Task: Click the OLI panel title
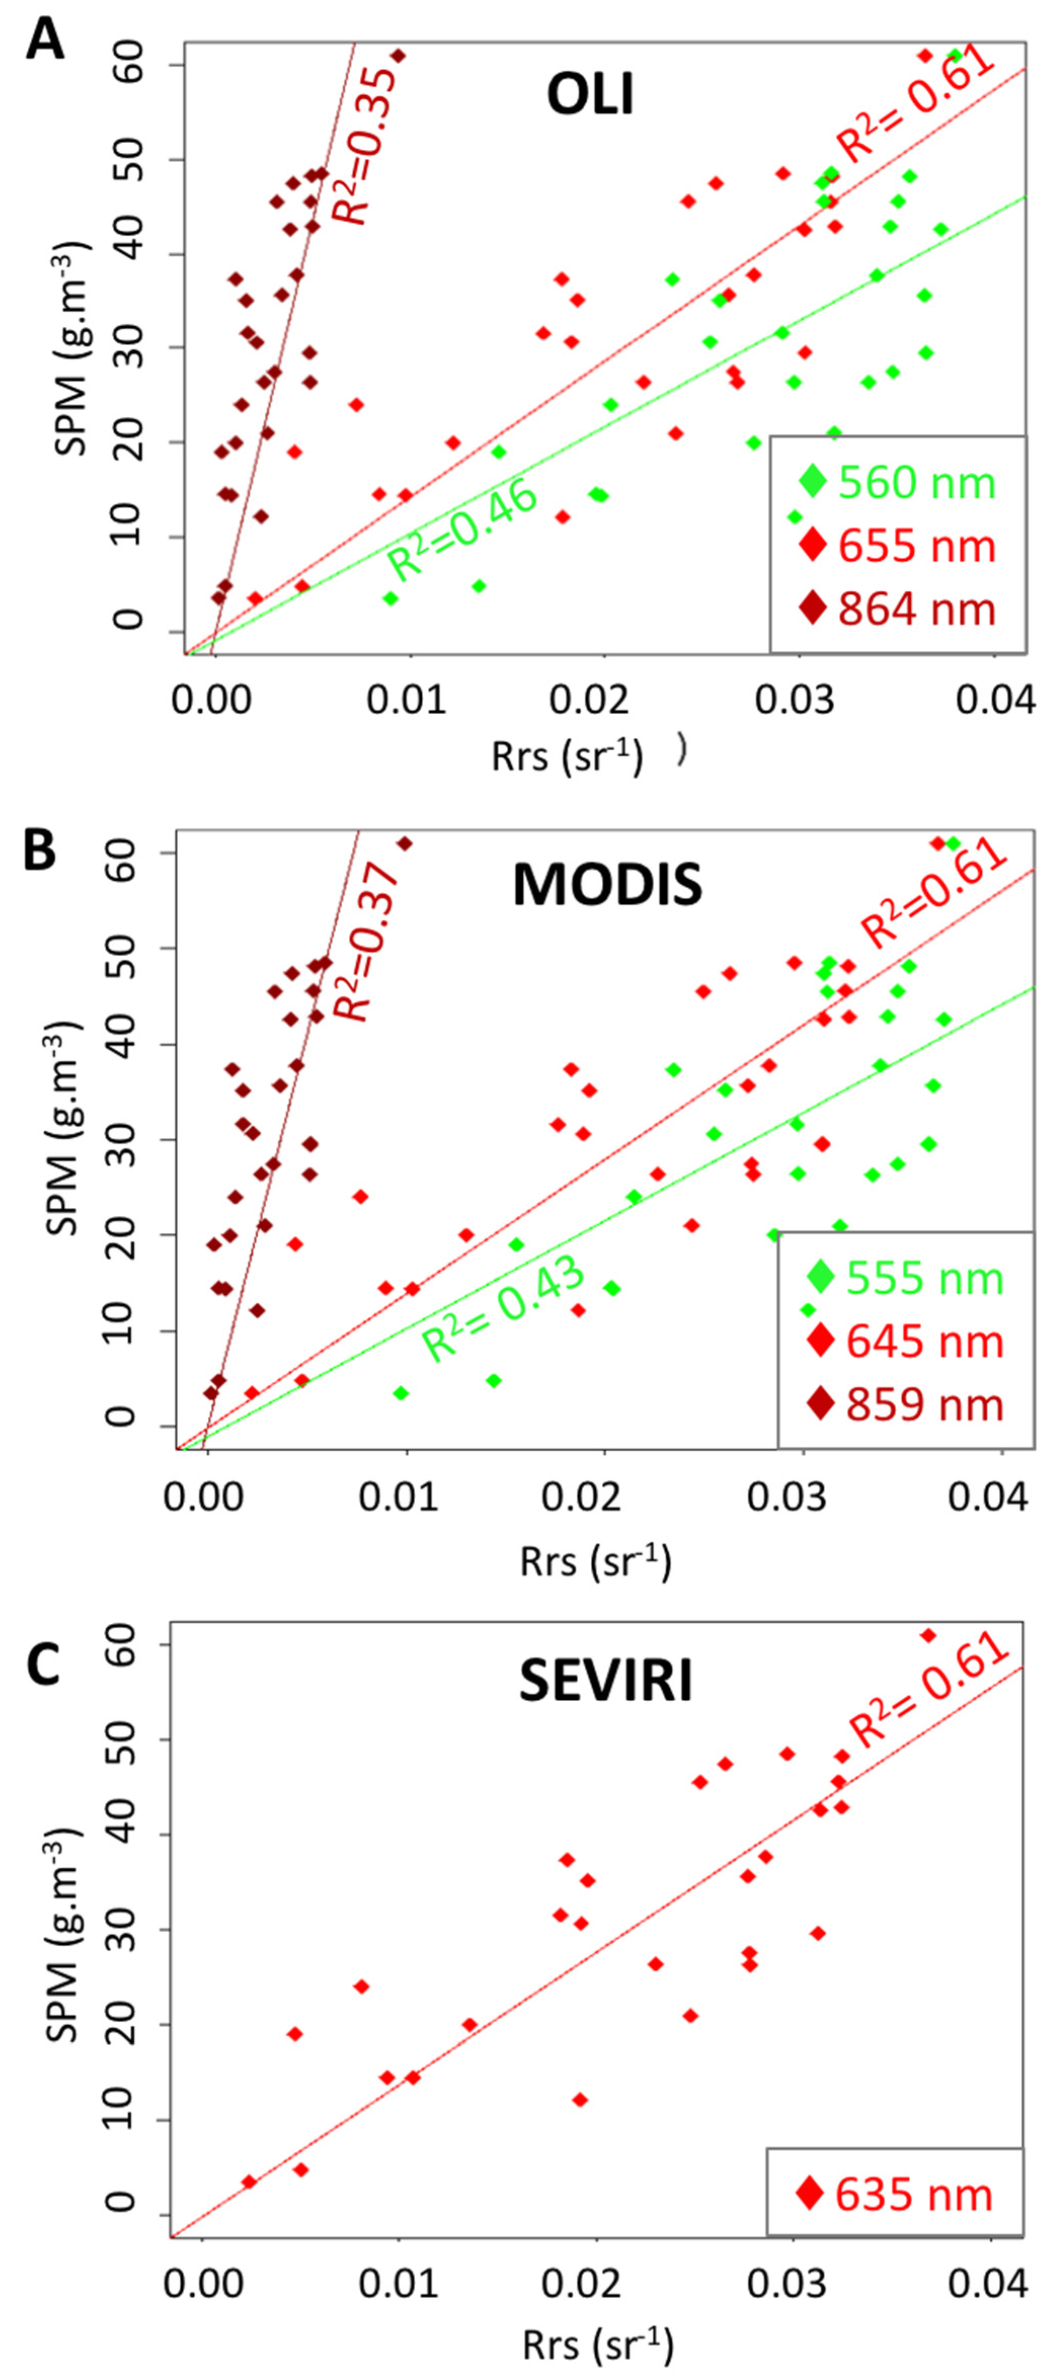591,95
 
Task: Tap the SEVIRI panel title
605,1681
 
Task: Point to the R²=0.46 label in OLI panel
461,530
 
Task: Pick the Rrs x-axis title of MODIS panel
595,1562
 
